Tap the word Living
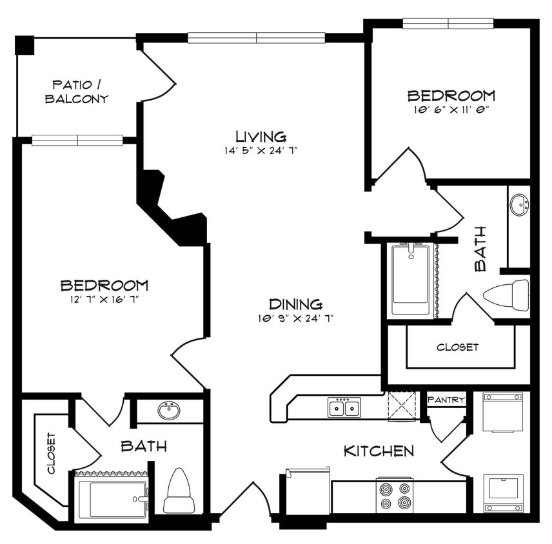[261, 136]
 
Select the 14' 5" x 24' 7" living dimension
[261, 150]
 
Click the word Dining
[295, 304]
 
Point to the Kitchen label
[379, 451]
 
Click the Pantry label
[446, 400]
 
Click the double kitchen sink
[344, 407]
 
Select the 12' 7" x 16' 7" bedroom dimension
[104, 299]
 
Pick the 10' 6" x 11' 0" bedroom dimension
[451, 110]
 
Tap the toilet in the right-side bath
[506, 295]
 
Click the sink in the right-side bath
[518, 206]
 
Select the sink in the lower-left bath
[169, 410]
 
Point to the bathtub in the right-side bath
[410, 278]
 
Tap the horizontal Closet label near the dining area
[457, 347]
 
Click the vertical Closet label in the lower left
[51, 452]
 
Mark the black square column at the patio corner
[25, 45]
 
